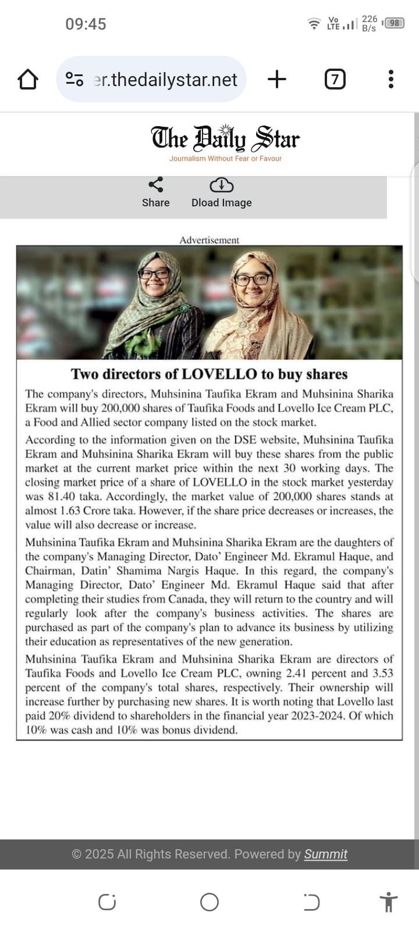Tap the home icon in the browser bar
coord(28,79)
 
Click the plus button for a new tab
coord(277,79)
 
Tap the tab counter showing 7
coord(335,79)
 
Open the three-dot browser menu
coord(390,79)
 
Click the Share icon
coord(155,185)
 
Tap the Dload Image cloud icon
coord(221,185)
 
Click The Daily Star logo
coord(225,138)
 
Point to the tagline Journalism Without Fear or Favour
coord(225,159)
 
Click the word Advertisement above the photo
coord(209,240)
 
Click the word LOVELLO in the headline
coord(219,374)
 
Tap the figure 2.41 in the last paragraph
coord(296,674)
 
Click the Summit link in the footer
coord(325,854)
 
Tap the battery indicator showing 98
coord(394,23)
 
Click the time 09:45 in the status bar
coord(86,24)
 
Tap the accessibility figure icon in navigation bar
coord(388,903)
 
